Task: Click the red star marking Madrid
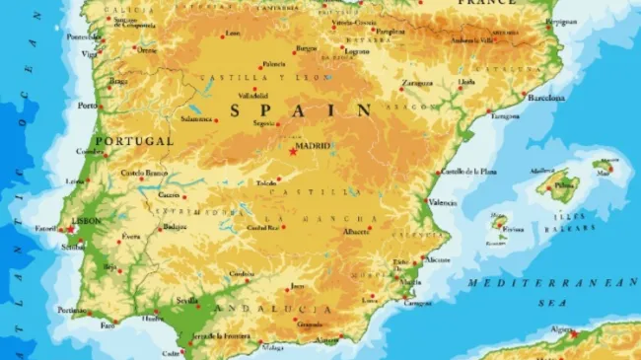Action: coord(293,152)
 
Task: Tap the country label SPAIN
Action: coord(301,109)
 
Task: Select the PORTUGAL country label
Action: coord(133,141)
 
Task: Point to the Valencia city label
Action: coord(444,202)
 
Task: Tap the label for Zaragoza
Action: coord(418,83)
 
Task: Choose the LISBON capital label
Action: coord(87,221)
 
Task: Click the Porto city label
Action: coord(88,106)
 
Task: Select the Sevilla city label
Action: coord(186,300)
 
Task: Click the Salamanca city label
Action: coord(195,118)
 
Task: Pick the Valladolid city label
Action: coord(251,97)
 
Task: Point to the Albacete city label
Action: coord(355,231)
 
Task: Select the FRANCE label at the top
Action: coord(486,3)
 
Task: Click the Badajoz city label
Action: coord(175,227)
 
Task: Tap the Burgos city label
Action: coord(307,47)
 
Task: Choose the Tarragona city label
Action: coord(505,115)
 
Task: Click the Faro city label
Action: coord(107,324)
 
